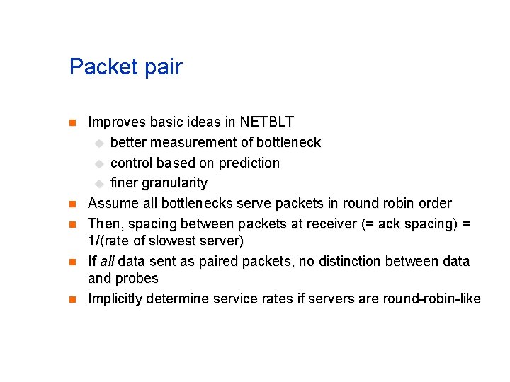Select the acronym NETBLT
267,122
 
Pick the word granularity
174,184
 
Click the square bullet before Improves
72,123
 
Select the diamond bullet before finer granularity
100,184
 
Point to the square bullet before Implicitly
72,299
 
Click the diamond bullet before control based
100,163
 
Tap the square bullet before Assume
72,204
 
